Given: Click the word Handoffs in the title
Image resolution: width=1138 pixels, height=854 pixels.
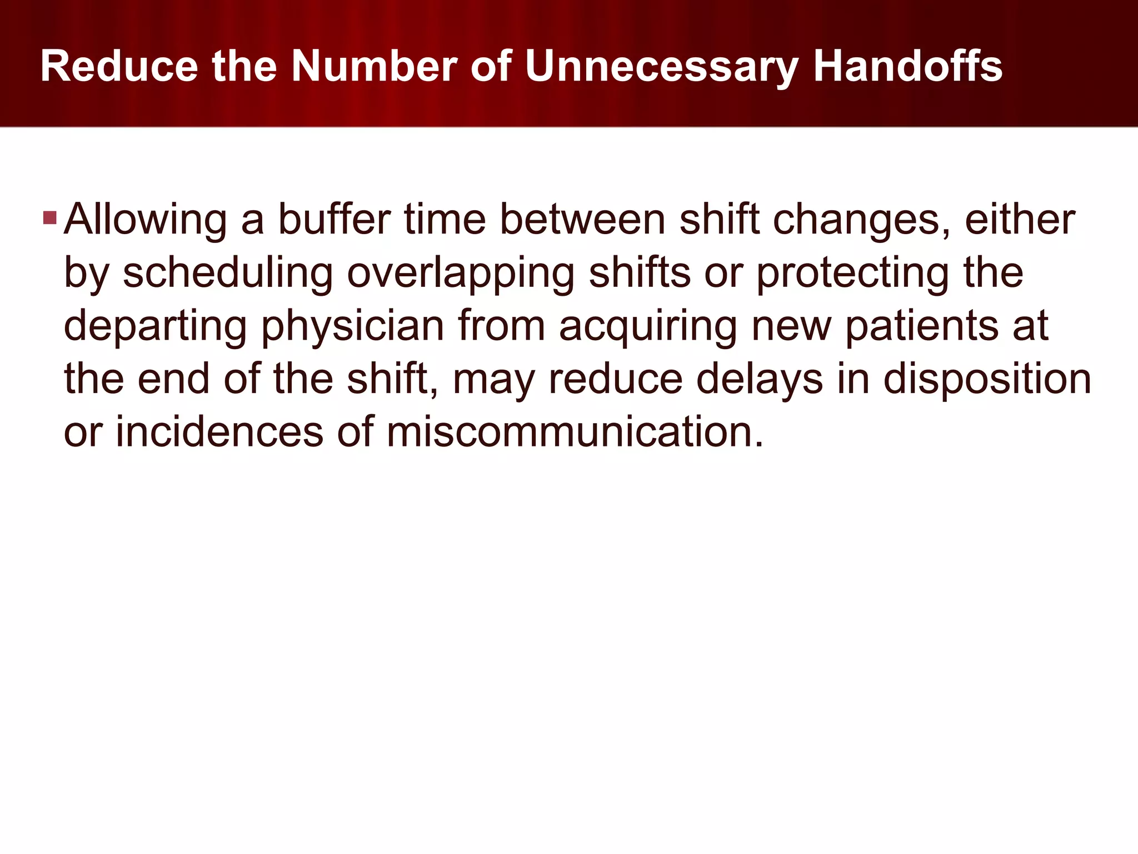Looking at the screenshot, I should (907, 66).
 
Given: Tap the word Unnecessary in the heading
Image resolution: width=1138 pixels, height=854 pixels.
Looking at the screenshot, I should (661, 67).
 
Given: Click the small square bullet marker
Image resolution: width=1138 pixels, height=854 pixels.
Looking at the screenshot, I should (49, 217).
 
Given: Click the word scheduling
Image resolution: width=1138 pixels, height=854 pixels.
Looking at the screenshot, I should (228, 274).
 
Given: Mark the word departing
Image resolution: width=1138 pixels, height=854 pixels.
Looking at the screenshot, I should (156, 326).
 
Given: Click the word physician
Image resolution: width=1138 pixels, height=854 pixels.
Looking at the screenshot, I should (352, 326).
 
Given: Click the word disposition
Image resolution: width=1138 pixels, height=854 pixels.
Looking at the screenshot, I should (987, 380).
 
